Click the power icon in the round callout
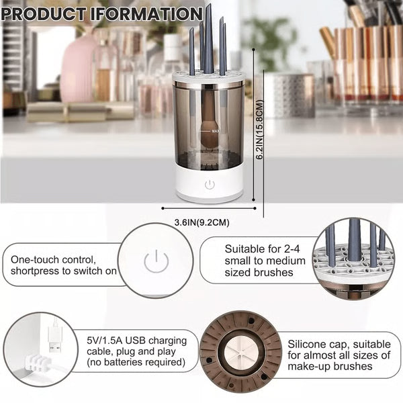(x=156, y=261)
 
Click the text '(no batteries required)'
(x=136, y=363)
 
